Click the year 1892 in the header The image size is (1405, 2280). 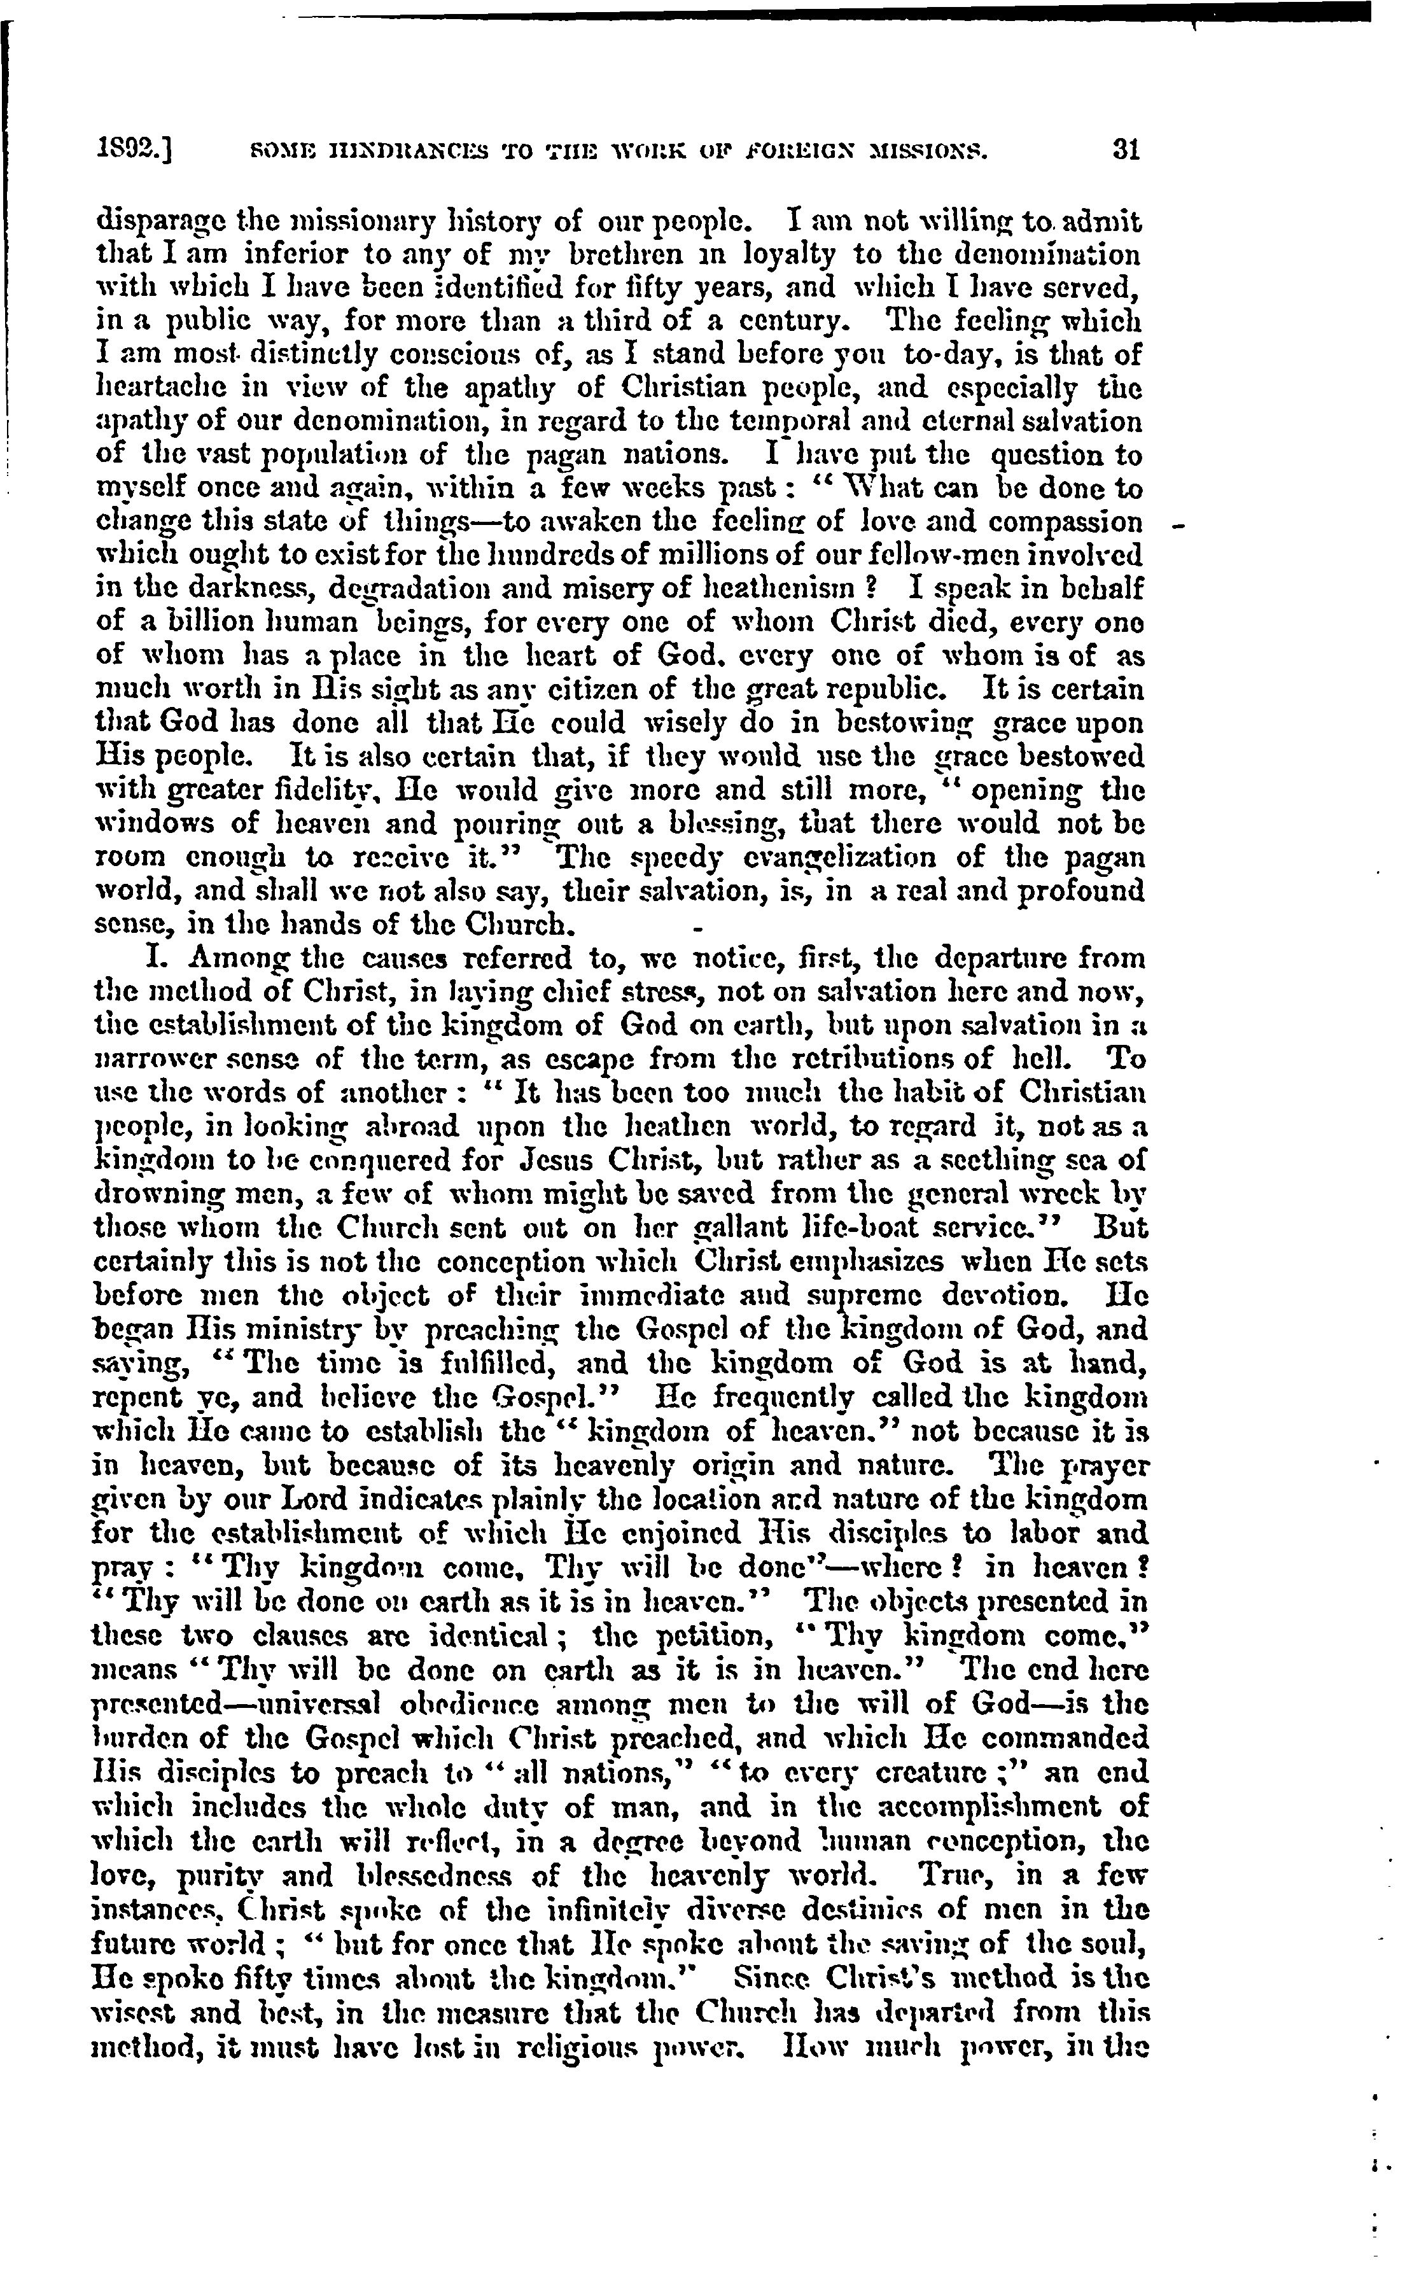(x=132, y=151)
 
